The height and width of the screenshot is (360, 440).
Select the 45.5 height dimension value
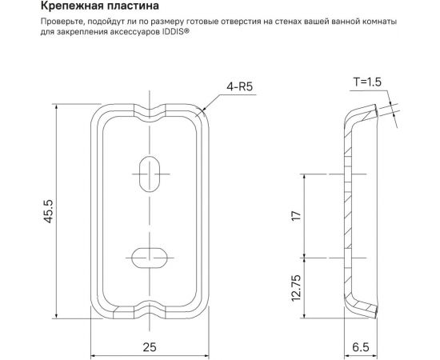click(x=49, y=210)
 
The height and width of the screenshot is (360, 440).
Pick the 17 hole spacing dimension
click(x=296, y=216)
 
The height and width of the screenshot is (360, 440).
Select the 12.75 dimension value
click(x=296, y=288)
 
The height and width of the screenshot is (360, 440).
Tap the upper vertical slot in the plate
click(x=149, y=173)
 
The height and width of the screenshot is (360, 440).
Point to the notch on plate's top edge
click(x=149, y=106)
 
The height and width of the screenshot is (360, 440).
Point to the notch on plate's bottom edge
click(x=149, y=306)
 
